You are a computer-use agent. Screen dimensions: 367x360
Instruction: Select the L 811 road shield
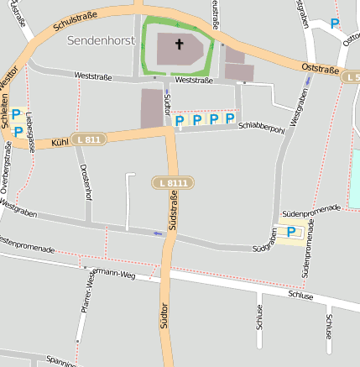88,139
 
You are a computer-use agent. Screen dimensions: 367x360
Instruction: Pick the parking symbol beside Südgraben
291,233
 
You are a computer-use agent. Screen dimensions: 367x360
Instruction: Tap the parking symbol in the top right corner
336,25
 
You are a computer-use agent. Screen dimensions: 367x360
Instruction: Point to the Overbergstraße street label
8,169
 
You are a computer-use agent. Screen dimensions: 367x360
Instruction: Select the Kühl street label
58,144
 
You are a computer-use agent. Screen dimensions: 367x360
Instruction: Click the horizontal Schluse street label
300,296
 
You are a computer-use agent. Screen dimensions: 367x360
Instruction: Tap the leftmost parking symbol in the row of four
179,121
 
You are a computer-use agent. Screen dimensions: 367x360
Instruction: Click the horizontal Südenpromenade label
311,211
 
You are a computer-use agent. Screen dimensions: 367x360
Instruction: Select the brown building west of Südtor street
152,108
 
